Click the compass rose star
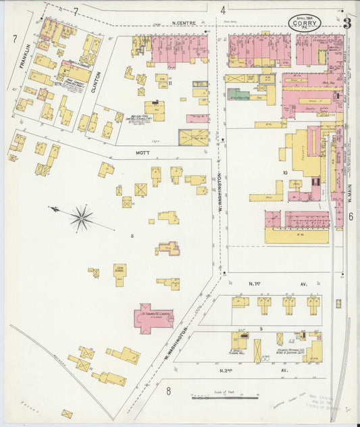click(x=82, y=217)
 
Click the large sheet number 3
click(x=346, y=22)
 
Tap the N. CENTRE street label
click(x=183, y=23)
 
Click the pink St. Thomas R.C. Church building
click(x=153, y=317)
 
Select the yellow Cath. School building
click(x=120, y=274)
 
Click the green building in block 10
click(x=238, y=95)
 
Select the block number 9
click(x=260, y=328)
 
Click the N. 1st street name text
click(x=255, y=284)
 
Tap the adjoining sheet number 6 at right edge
click(x=351, y=217)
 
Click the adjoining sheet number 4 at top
click(x=222, y=10)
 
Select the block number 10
click(x=285, y=174)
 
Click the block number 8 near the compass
click(x=132, y=236)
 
